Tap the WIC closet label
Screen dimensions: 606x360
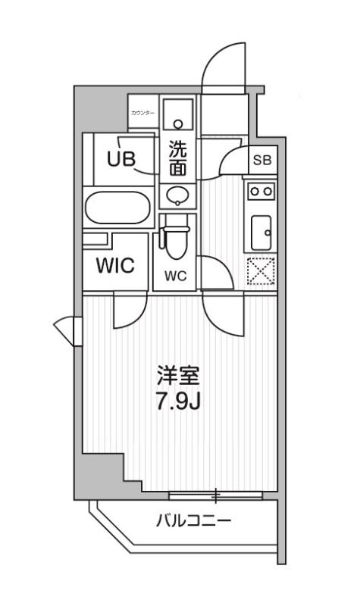click(x=115, y=266)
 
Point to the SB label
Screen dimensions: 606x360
click(x=261, y=160)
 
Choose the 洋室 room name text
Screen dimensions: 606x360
click(x=178, y=376)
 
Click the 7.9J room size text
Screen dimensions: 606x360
click(x=178, y=401)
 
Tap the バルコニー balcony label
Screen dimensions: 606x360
click(x=193, y=522)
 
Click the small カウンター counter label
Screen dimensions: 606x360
click(x=142, y=113)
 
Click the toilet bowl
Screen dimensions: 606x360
click(x=176, y=239)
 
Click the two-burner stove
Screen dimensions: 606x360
click(x=261, y=192)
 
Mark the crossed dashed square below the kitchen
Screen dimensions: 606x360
click(x=261, y=270)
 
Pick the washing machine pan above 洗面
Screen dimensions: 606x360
click(x=179, y=114)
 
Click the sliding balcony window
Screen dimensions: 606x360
click(x=216, y=496)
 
